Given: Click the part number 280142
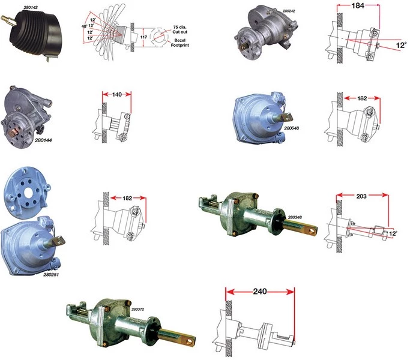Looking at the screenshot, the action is pyautogui.click(x=31, y=8).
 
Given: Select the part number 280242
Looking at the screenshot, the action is pyautogui.click(x=289, y=11).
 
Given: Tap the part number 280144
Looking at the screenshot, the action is pyautogui.click(x=43, y=140).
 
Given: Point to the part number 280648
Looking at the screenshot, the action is pyautogui.click(x=292, y=128).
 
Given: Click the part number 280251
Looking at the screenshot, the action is pyautogui.click(x=51, y=275).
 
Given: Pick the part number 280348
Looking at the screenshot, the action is pyautogui.click(x=295, y=217).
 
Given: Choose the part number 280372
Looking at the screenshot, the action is pyautogui.click(x=137, y=309).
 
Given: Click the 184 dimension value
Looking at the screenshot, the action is pyautogui.click(x=358, y=5).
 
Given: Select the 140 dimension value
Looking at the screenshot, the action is pyautogui.click(x=117, y=94).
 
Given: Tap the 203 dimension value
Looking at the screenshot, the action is pyautogui.click(x=361, y=196).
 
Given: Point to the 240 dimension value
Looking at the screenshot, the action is pyautogui.click(x=260, y=292).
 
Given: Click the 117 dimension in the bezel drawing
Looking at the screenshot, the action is pyautogui.click(x=143, y=37).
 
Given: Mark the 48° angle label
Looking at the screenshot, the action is pyautogui.click(x=84, y=26).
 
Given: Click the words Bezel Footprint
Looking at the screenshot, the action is pyautogui.click(x=180, y=43).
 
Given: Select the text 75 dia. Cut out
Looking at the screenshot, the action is pyautogui.click(x=180, y=29).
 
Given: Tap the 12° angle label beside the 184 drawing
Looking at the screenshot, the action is pyautogui.click(x=402, y=45).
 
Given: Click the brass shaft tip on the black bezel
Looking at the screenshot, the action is pyautogui.click(x=7, y=20).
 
